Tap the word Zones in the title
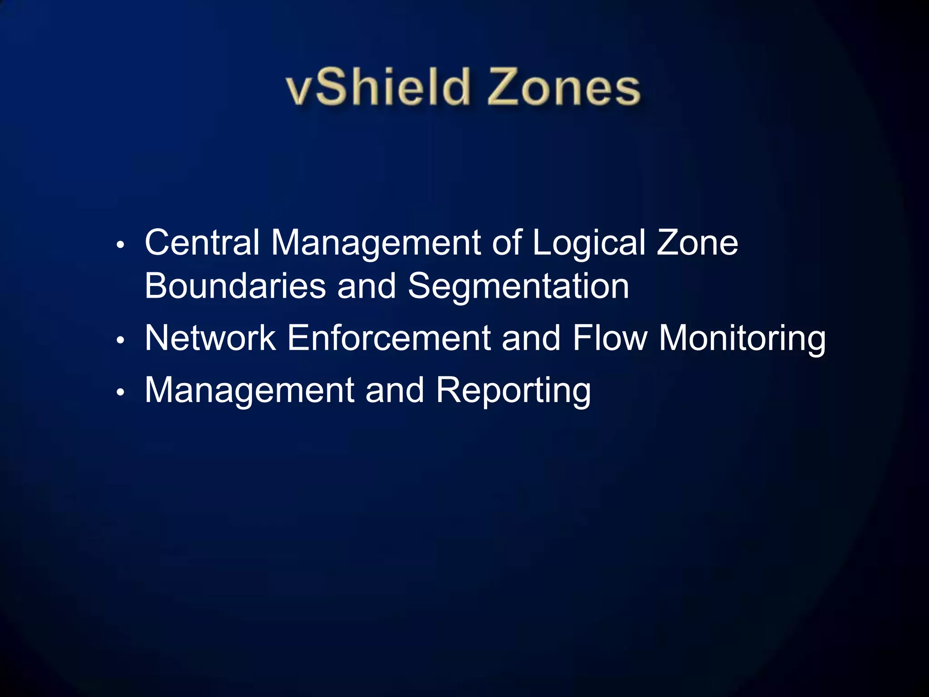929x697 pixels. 563,87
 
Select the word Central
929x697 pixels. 202,242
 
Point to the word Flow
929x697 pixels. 610,338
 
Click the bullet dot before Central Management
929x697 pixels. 120,245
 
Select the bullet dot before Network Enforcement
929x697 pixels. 120,340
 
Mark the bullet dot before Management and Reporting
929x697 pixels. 120,392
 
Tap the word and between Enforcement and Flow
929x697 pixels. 531,338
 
